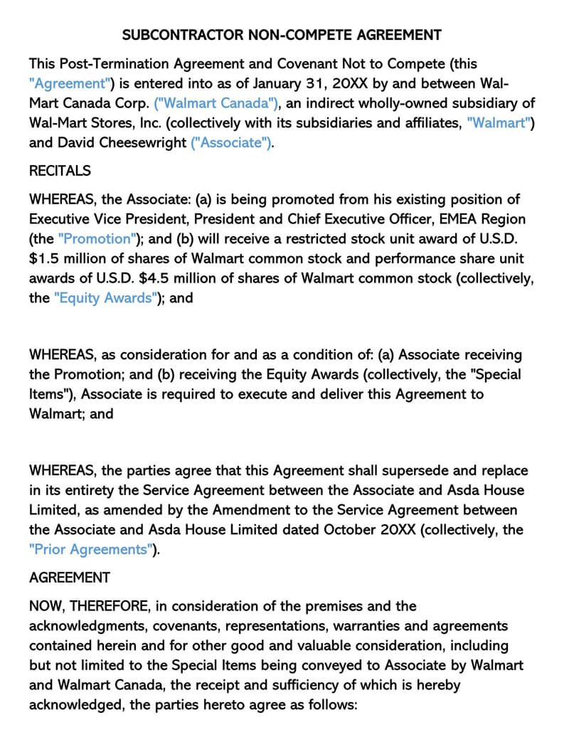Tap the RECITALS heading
coord(60,171)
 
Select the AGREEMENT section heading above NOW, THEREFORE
coord(70,577)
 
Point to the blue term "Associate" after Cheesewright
coord(232,142)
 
